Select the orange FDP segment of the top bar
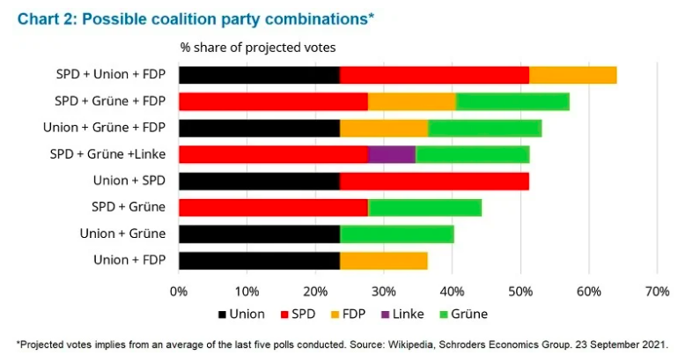[x=572, y=75]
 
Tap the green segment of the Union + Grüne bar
[x=396, y=234]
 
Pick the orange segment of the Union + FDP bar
[x=383, y=261]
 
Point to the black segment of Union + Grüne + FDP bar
[x=259, y=129]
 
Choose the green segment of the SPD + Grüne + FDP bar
[x=512, y=101]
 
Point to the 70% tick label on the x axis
[x=657, y=291]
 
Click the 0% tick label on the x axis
[x=179, y=291]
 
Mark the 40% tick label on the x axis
[x=452, y=291]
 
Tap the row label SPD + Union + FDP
[x=112, y=75]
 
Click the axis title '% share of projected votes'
[x=258, y=46]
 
